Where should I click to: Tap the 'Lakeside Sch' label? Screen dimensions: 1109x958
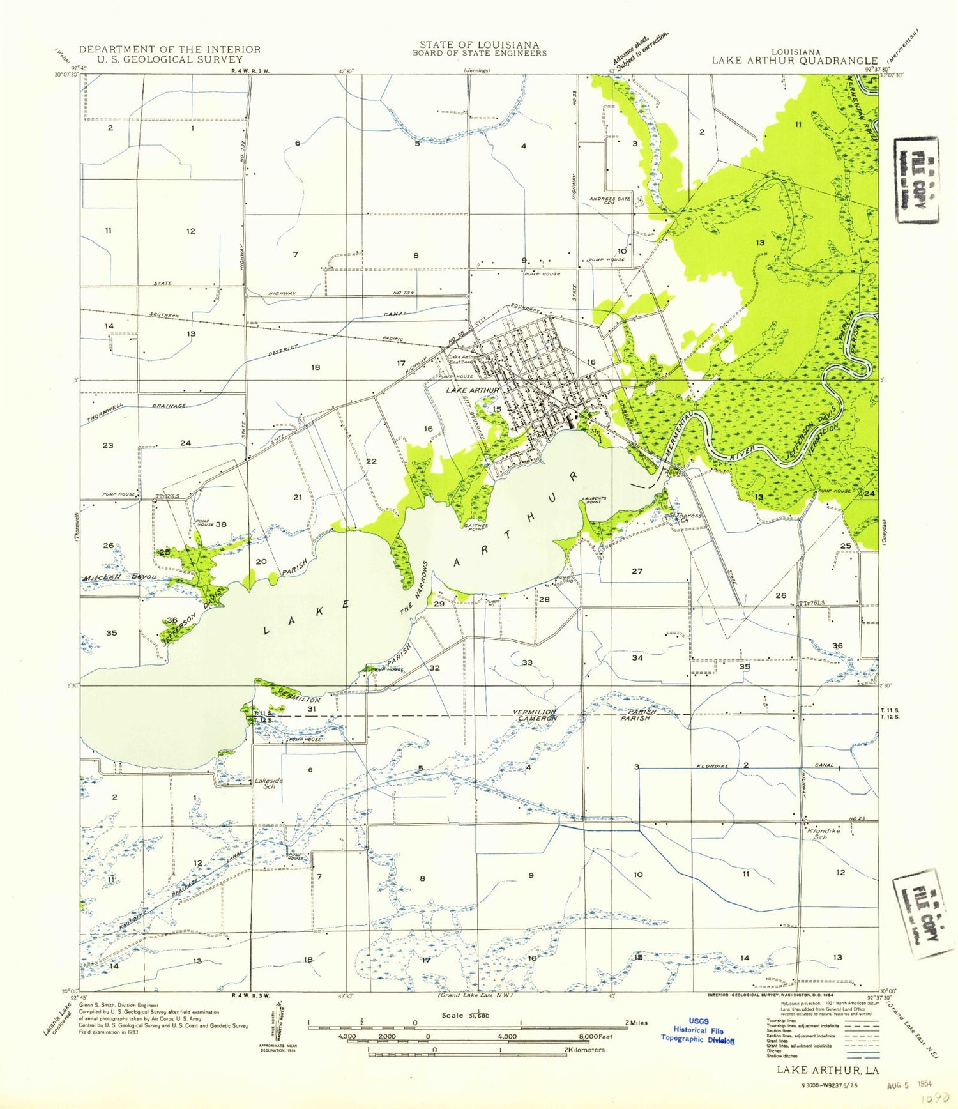269,783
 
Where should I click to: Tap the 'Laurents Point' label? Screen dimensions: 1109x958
594,501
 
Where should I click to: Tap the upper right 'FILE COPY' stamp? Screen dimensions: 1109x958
917,180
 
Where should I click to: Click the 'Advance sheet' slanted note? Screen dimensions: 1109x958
641,49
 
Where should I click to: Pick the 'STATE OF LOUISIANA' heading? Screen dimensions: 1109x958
479,45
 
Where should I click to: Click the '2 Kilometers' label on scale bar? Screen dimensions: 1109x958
584,1050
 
